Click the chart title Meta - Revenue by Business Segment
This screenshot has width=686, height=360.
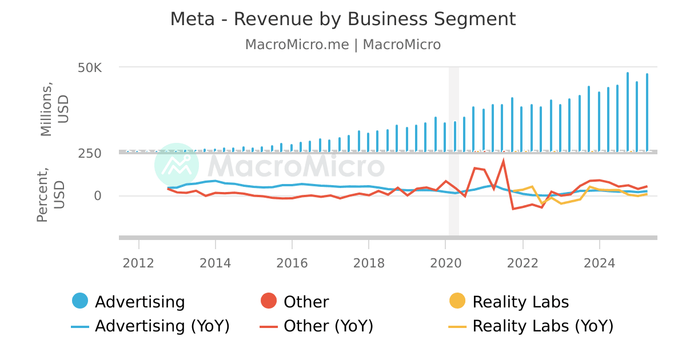343,19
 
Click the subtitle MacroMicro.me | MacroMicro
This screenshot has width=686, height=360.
343,45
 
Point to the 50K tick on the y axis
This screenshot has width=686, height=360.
90,68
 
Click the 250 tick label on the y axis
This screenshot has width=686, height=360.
90,153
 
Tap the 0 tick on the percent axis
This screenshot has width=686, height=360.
98,196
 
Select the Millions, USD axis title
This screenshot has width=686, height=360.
54,109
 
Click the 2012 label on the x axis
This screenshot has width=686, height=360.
139,263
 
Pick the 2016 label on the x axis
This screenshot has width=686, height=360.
292,263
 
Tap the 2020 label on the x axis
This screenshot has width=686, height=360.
445,263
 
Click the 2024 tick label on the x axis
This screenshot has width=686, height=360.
599,263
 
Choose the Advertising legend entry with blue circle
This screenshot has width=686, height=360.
129,302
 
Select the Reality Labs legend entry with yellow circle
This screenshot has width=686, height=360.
509,302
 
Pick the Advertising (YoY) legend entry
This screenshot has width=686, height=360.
151,326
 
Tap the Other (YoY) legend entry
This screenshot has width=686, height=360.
317,326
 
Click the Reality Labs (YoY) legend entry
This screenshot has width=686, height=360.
531,326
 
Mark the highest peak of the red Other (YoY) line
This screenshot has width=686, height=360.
503,161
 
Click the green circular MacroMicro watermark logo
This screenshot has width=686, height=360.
177,165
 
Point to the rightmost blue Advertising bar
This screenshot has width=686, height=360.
647,111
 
